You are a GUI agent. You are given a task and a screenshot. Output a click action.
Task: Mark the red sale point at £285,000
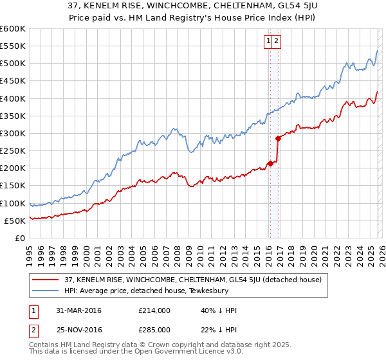278,138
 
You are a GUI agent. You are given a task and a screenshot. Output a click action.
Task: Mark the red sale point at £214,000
271,163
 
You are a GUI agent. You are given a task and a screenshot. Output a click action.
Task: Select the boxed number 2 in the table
32,330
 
